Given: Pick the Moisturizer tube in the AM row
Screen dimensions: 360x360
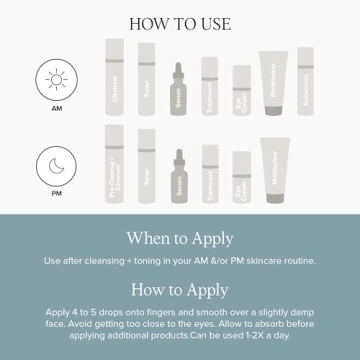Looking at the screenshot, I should (x=274, y=85).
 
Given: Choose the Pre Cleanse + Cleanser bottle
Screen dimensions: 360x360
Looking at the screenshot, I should (x=114, y=165).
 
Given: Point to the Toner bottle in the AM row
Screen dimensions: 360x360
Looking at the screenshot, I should (x=146, y=80).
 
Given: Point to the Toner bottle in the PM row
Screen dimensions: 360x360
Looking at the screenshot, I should (x=146, y=166).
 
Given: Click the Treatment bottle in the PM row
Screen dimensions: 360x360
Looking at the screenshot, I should (x=210, y=174).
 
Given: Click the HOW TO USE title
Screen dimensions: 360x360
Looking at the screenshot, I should (x=180, y=21).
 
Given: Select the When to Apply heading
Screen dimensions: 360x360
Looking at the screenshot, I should (x=180, y=238).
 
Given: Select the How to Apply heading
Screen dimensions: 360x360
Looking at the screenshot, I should (x=180, y=289).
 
